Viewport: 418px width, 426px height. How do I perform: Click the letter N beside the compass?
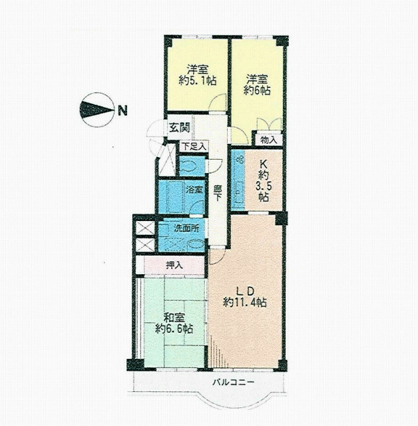coord(122,110)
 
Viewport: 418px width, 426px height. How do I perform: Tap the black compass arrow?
coord(97,110)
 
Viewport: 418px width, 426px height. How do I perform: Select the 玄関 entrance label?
coord(180,127)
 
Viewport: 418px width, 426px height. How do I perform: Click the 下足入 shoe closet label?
coord(194,147)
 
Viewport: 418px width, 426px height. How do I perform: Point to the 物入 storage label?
coord(269,140)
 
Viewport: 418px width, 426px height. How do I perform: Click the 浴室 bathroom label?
coord(194,189)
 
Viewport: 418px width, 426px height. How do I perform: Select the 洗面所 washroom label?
coord(186,228)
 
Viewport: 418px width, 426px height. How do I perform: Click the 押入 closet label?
coord(174,265)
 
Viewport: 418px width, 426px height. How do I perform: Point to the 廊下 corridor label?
coord(217,193)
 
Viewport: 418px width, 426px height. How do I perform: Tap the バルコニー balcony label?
coord(234,383)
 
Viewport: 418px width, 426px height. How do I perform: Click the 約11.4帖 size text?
coord(245,302)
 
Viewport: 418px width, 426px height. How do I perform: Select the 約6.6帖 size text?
coord(174,329)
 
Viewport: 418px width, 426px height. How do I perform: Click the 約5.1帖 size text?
coord(198,81)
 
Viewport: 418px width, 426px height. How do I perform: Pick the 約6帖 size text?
coord(257,91)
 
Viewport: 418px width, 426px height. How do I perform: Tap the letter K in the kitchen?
coord(264,164)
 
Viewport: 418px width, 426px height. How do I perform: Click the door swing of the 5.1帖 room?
coord(218,103)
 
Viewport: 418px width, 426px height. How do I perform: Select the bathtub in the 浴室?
coord(176,197)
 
